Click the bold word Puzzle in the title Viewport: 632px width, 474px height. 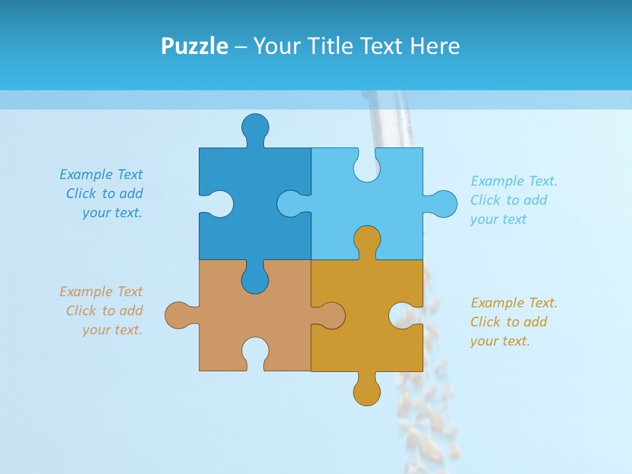[x=195, y=46]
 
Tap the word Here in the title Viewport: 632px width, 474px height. [x=434, y=46]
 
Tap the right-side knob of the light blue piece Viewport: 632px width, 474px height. [x=440, y=204]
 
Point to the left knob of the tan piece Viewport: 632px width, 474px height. [x=180, y=315]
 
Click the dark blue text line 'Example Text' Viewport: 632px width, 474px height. [x=101, y=174]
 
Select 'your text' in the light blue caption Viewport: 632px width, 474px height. [x=498, y=219]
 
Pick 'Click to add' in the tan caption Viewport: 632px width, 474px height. [x=104, y=311]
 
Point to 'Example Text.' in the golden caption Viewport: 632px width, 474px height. [x=513, y=303]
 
